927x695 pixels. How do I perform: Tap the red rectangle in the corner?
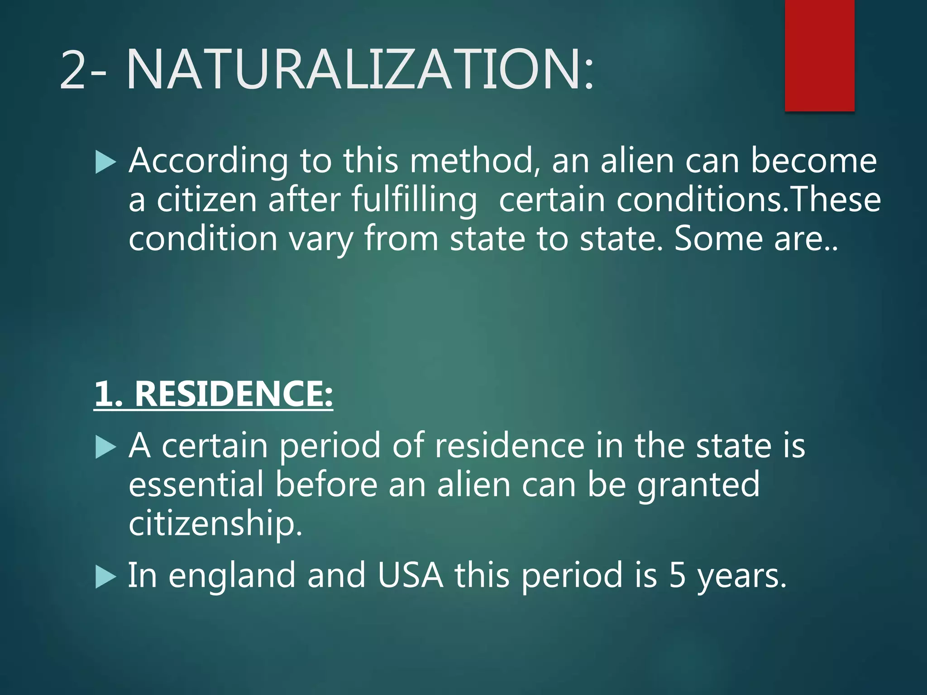pyautogui.click(x=819, y=55)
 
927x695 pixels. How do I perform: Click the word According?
pyautogui.click(x=208, y=162)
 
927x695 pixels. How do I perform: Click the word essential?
pyautogui.click(x=196, y=485)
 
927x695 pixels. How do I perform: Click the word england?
pyautogui.click(x=232, y=576)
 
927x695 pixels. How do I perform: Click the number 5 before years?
pyautogui.click(x=678, y=576)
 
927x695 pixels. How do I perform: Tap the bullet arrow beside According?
pyautogui.click(x=106, y=162)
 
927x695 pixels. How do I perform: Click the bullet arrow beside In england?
pyautogui.click(x=106, y=577)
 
